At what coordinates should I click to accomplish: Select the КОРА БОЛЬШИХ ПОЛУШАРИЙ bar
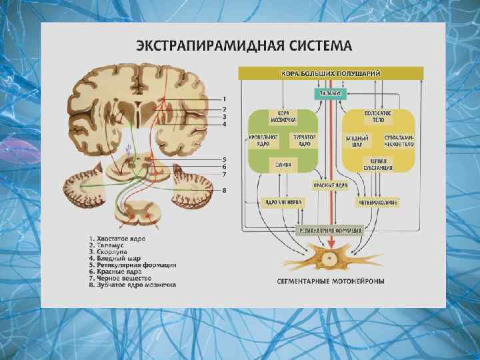pos(331,73)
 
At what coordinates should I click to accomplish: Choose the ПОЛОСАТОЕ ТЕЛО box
pos(378,117)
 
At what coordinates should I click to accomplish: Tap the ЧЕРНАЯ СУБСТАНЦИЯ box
pos(378,164)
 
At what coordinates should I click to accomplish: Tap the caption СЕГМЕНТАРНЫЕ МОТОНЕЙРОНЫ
pos(331,281)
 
